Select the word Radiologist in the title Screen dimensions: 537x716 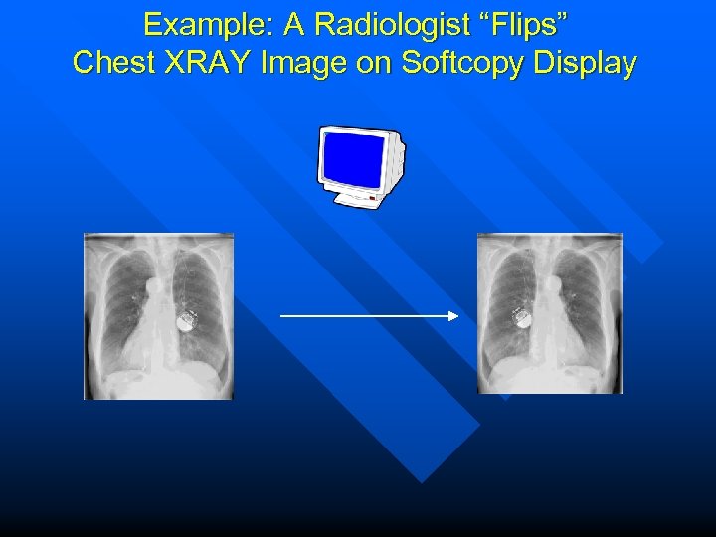click(x=383, y=23)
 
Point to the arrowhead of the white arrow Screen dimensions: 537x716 click(x=453, y=316)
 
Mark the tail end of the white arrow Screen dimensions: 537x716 click(x=283, y=316)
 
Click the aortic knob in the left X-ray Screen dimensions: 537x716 click(x=154, y=286)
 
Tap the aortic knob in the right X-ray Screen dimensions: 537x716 click(x=554, y=284)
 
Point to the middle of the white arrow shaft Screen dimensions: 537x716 click(x=368, y=316)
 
